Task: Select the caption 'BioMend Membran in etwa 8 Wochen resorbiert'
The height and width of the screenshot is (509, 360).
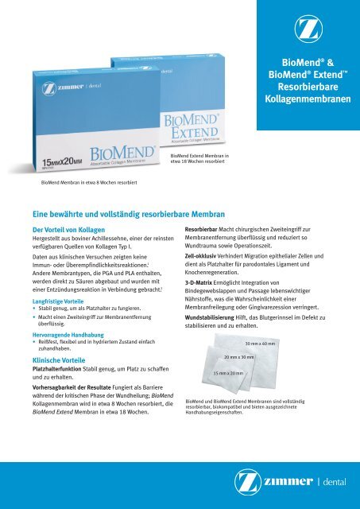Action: (89, 182)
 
